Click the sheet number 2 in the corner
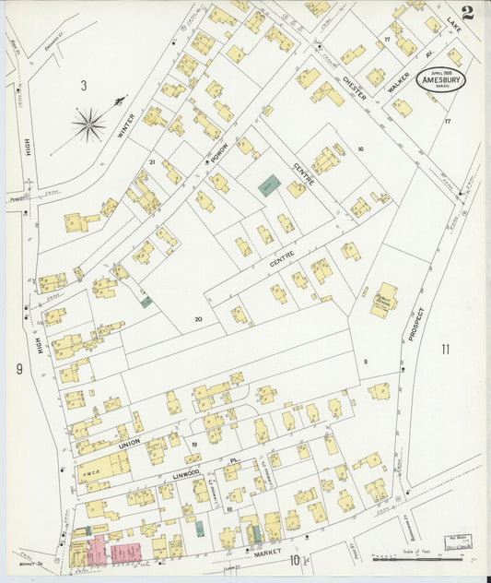[x=468, y=12]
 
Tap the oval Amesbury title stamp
[x=440, y=78]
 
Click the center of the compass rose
[x=89, y=124]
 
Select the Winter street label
[x=127, y=125]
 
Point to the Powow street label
[x=219, y=154]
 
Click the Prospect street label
[x=415, y=324]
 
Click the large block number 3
[x=83, y=86]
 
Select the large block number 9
[x=18, y=369]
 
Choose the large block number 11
[x=446, y=349]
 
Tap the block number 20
[x=197, y=319]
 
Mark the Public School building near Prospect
[x=383, y=300]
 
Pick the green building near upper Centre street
[x=268, y=185]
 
